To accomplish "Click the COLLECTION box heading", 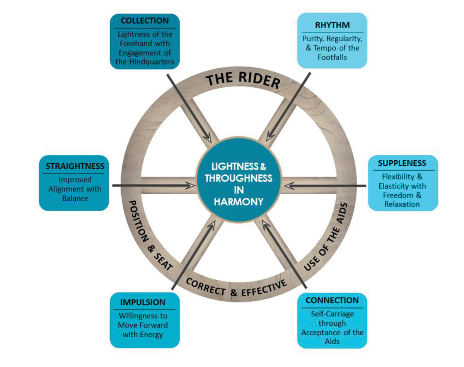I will point(145,20).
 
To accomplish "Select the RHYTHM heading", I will point(333,25).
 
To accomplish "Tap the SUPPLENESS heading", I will point(402,163).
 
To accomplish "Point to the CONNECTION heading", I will point(332,300).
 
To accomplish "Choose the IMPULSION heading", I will point(143,302).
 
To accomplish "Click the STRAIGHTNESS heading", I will point(75,166).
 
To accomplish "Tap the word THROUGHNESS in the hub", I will point(239,178).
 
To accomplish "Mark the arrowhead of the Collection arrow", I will point(209,138).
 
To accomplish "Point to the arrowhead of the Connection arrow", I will point(264,222).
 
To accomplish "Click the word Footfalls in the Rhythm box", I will point(333,57).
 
